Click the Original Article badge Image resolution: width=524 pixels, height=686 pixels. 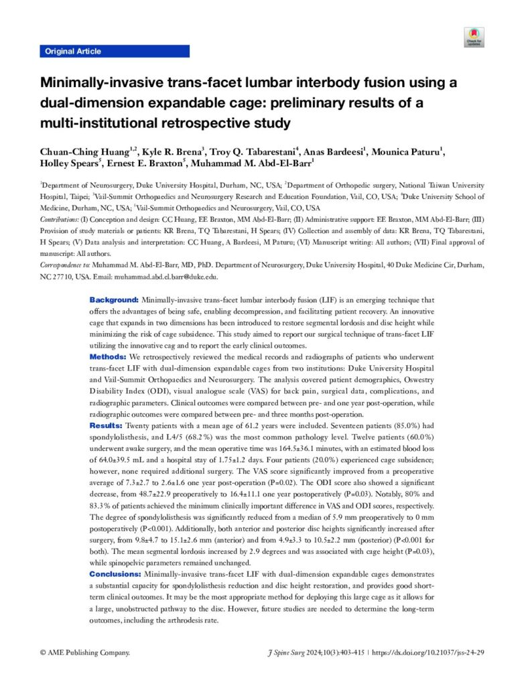(72, 52)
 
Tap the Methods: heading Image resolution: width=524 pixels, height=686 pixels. (108, 356)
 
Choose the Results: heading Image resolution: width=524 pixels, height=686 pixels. (106, 425)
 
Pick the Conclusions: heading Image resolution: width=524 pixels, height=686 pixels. (115, 575)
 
